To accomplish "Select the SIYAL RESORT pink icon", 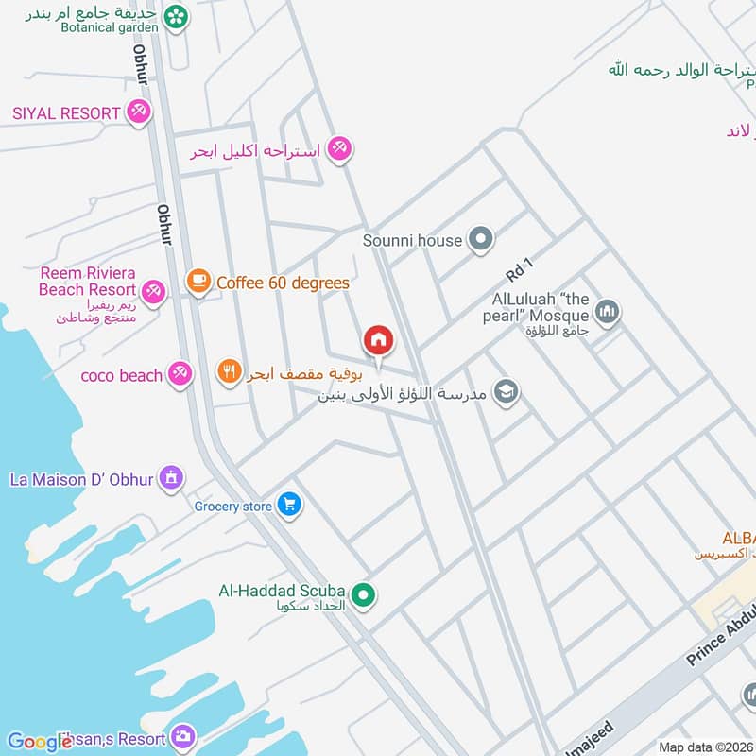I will [x=139, y=112].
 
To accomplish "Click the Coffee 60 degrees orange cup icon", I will [x=198, y=282].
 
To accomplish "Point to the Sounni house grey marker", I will [x=481, y=240].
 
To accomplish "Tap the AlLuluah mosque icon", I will [x=608, y=313].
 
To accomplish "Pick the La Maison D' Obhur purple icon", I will [x=170, y=479].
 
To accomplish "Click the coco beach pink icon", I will [x=180, y=374].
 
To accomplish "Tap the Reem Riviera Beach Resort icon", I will [x=155, y=290].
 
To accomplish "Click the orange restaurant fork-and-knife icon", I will [x=229, y=372].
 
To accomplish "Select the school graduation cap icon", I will [x=507, y=392].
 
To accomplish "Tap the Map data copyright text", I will [x=706, y=747].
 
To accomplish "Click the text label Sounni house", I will [x=413, y=241].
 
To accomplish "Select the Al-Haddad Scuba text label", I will [x=281, y=592].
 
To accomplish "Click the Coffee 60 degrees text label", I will [x=283, y=283].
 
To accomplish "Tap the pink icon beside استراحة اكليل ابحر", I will [x=340, y=148].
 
